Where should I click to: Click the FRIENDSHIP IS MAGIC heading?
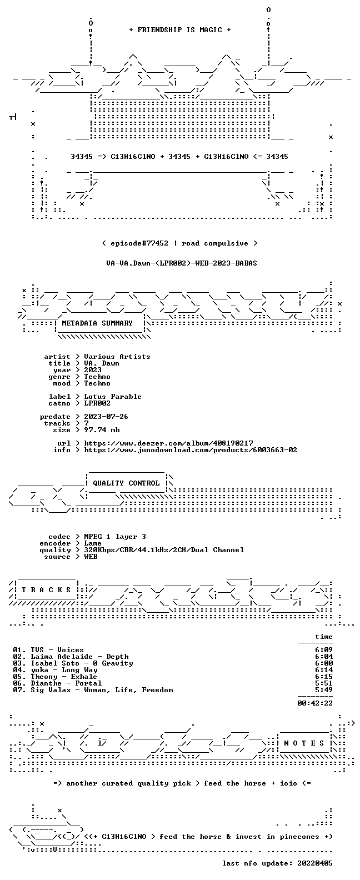(x=180, y=30)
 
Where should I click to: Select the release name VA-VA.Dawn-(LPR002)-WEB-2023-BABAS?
(x=182, y=263)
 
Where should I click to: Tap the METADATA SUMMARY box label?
(x=97, y=323)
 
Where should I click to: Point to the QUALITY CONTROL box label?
(x=126, y=483)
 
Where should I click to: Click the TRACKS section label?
(x=46, y=589)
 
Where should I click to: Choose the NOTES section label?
(x=304, y=743)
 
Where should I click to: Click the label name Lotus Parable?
(x=113, y=397)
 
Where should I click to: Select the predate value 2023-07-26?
(x=106, y=417)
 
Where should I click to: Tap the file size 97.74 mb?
(x=102, y=430)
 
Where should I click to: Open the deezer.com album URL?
(x=168, y=443)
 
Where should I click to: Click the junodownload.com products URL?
(x=191, y=450)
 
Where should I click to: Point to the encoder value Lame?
(x=93, y=543)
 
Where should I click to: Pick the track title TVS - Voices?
(x=57, y=650)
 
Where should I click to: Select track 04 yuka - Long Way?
(x=55, y=670)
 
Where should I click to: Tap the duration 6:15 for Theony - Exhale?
(x=324, y=677)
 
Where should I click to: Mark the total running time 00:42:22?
(x=315, y=703)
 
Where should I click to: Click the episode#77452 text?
(x=139, y=243)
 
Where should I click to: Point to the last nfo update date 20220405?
(x=315, y=863)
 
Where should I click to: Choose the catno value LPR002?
(x=97, y=403)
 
